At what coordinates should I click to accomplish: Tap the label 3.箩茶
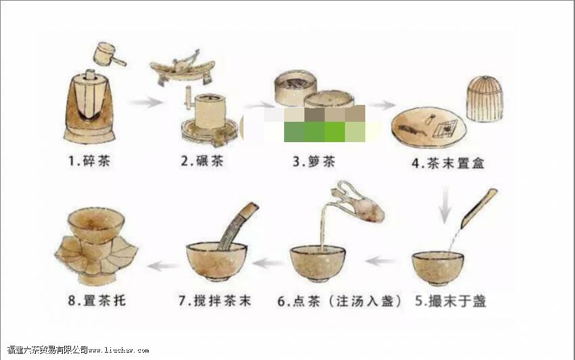point(314,162)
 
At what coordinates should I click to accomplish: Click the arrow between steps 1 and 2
point(146,103)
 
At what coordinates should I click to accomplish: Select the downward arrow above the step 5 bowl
point(445,205)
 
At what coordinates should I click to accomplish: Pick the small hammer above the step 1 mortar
point(108,53)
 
